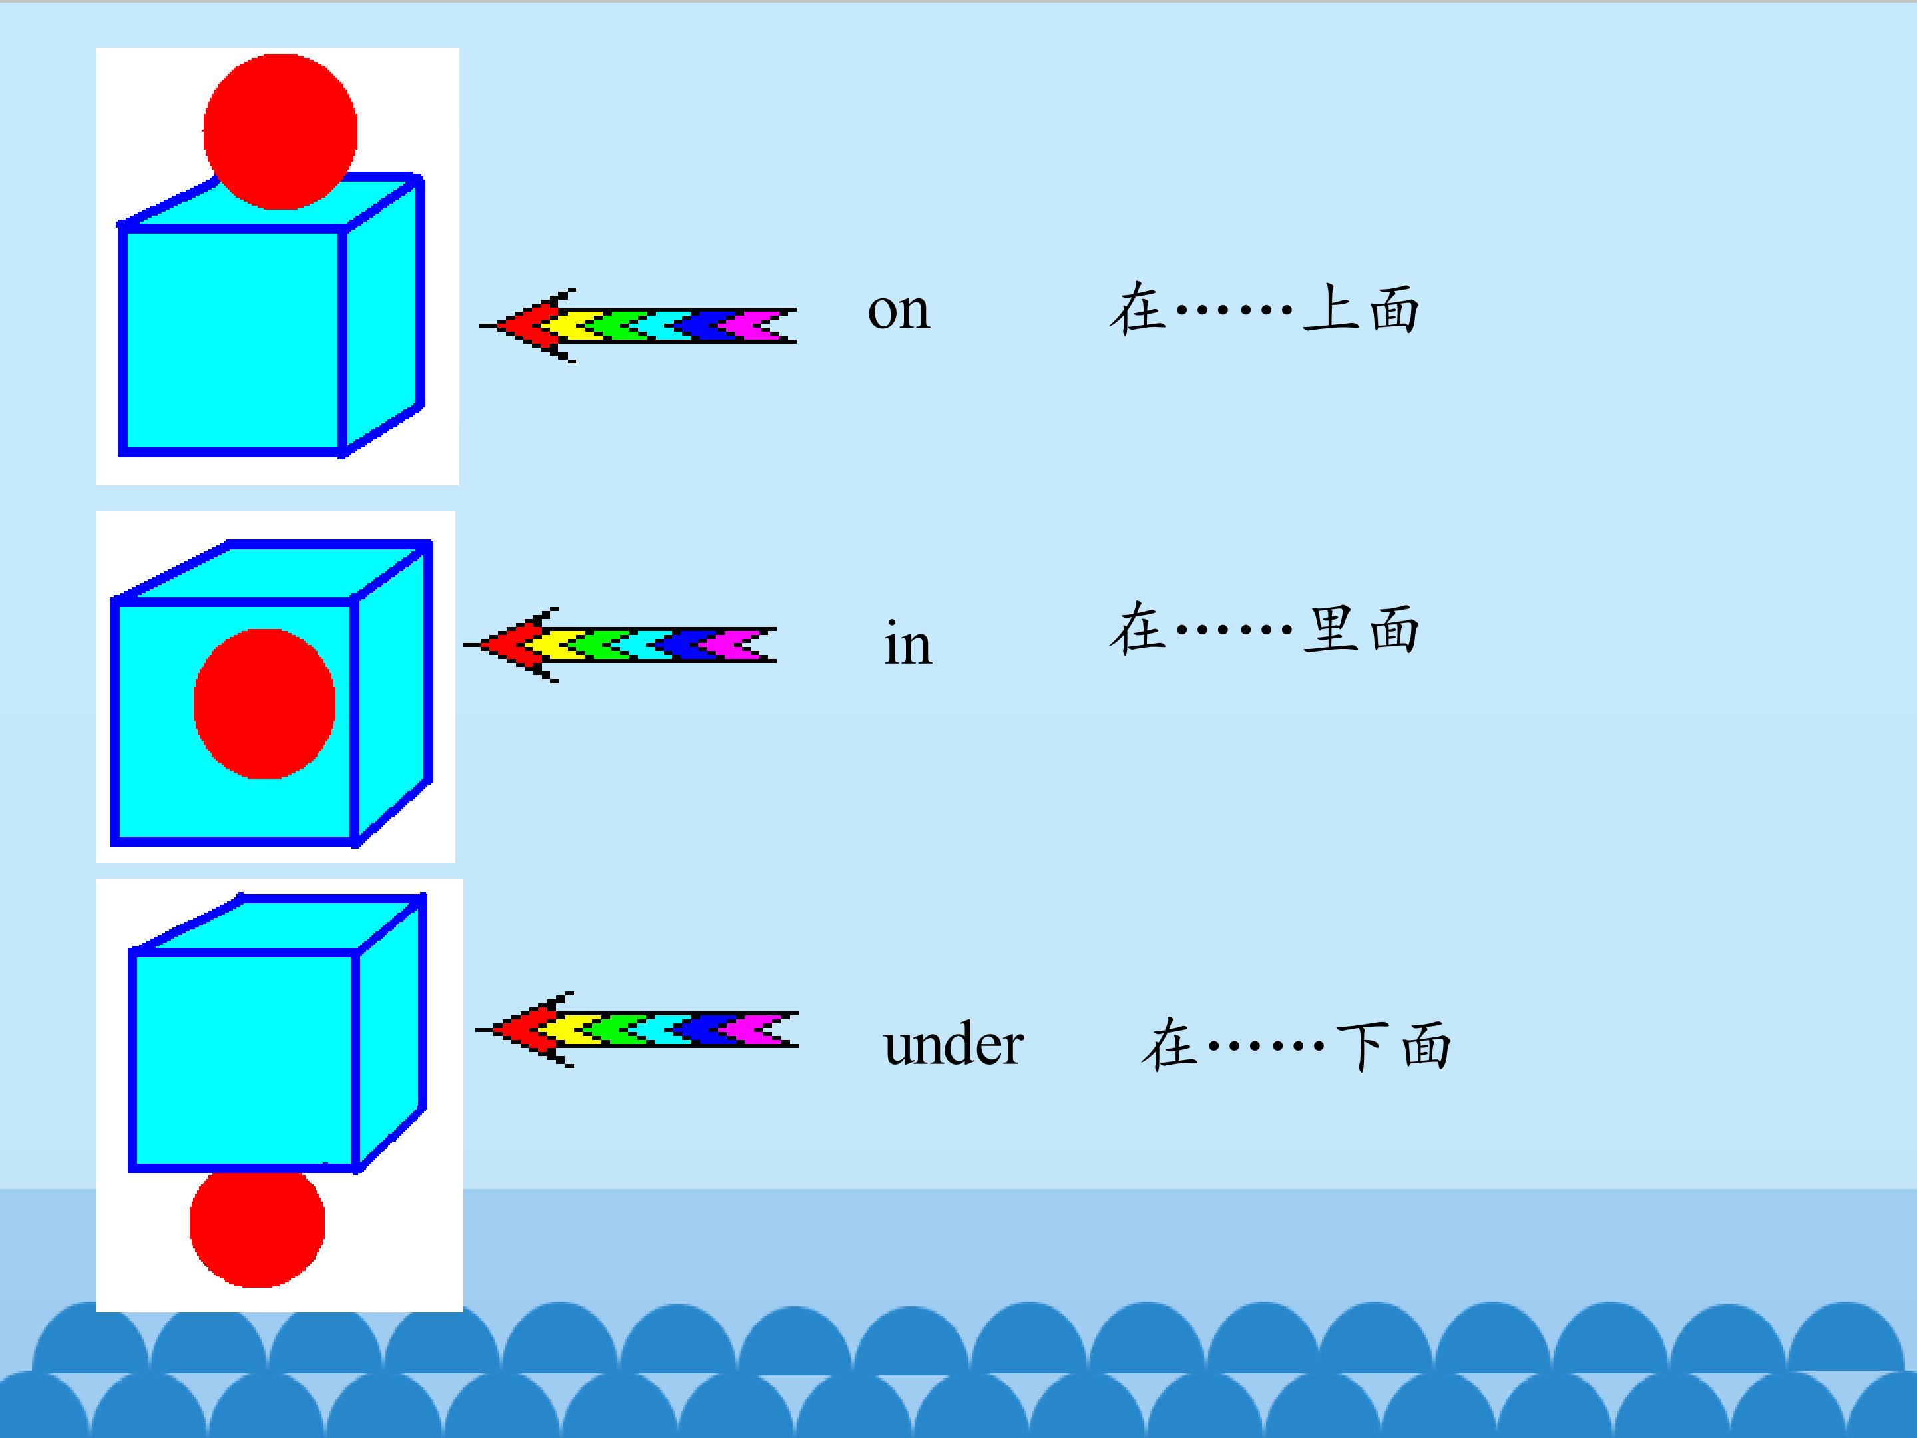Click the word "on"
click(x=899, y=310)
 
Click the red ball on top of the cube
click(x=280, y=132)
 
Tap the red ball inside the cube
click(x=264, y=704)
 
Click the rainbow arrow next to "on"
click(x=638, y=325)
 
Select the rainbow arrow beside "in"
click(x=620, y=645)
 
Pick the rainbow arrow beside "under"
click(x=637, y=1029)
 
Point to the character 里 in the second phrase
click(x=1333, y=628)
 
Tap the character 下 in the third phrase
click(x=1364, y=1045)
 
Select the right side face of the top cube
click(x=383, y=316)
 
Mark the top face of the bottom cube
click(x=278, y=925)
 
